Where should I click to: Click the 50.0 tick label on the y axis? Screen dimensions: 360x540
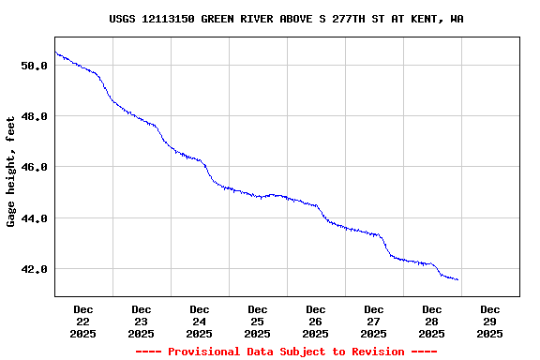[x=34, y=66]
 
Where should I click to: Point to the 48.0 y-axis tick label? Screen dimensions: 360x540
[x=34, y=116]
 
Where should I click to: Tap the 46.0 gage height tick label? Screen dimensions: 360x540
[x=34, y=167]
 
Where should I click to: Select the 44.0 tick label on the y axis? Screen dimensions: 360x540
[x=34, y=218]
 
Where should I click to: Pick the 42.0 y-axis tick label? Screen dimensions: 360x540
[x=34, y=269]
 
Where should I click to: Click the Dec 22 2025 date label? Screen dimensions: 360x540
[x=83, y=321]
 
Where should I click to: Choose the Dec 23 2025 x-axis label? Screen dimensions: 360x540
[x=142, y=321]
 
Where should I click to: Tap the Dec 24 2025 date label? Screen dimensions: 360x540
[x=200, y=321]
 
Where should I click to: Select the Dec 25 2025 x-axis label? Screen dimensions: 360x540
[x=258, y=321]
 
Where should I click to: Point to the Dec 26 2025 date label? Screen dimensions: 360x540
[x=316, y=321]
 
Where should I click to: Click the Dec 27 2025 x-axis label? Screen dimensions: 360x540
[x=374, y=321]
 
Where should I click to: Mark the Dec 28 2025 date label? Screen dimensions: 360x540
[x=432, y=321]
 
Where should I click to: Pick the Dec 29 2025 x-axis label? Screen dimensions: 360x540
[x=490, y=321]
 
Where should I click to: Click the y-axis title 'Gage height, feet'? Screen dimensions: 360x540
[x=11, y=172]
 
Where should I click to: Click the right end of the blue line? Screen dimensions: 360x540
[x=457, y=279]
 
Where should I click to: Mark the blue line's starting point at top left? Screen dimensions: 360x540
[x=55, y=52]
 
